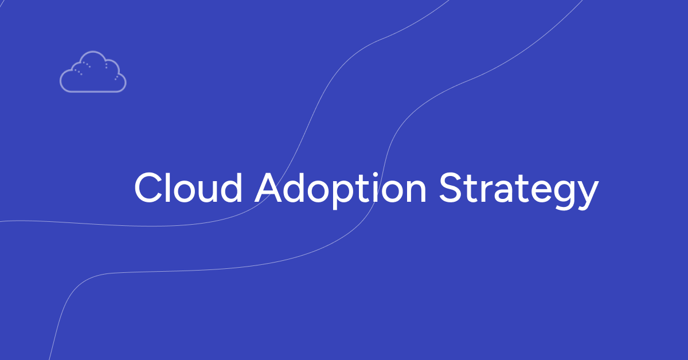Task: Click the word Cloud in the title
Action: [188, 187]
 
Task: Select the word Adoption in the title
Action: [341, 187]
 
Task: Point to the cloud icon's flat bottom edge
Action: [93, 91]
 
